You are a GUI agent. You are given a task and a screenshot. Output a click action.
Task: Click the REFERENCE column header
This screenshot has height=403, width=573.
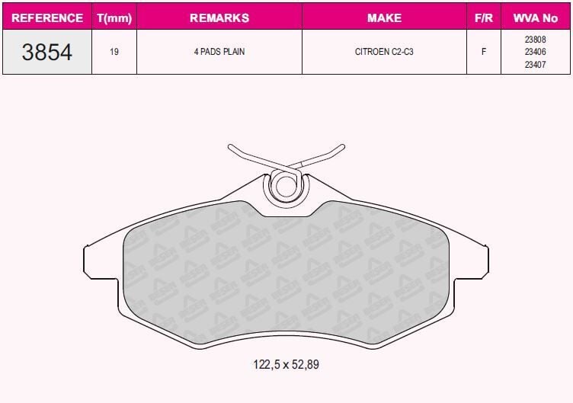click(x=47, y=18)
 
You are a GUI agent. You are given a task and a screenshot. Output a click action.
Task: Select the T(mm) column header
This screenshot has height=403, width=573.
click(x=114, y=18)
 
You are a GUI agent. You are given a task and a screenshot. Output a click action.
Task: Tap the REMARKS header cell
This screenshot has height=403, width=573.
click(x=219, y=18)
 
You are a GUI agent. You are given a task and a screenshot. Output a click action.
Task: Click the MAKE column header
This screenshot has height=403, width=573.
click(x=384, y=18)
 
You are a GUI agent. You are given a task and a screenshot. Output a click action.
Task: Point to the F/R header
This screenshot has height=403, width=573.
click(x=483, y=18)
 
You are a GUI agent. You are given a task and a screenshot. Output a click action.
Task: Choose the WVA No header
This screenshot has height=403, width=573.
click(x=536, y=18)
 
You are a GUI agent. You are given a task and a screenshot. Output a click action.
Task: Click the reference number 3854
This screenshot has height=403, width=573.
click(x=46, y=52)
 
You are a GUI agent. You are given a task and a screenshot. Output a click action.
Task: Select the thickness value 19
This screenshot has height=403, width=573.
click(x=114, y=52)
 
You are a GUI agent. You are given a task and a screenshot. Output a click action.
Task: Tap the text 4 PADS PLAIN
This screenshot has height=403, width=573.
click(x=219, y=52)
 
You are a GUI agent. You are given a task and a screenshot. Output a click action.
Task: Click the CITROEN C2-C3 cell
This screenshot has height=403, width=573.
click(x=384, y=52)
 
